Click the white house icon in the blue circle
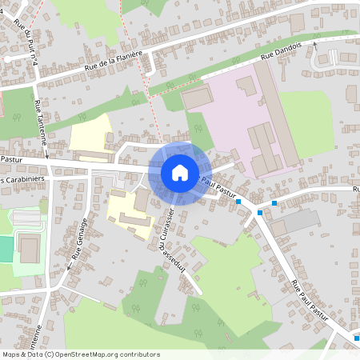[180, 173]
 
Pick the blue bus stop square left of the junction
[239, 202]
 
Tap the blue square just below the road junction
[259, 214]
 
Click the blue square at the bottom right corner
[356, 338]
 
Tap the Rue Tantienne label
[40, 124]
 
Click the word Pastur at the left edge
[10, 159]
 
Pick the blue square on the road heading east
[274, 202]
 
